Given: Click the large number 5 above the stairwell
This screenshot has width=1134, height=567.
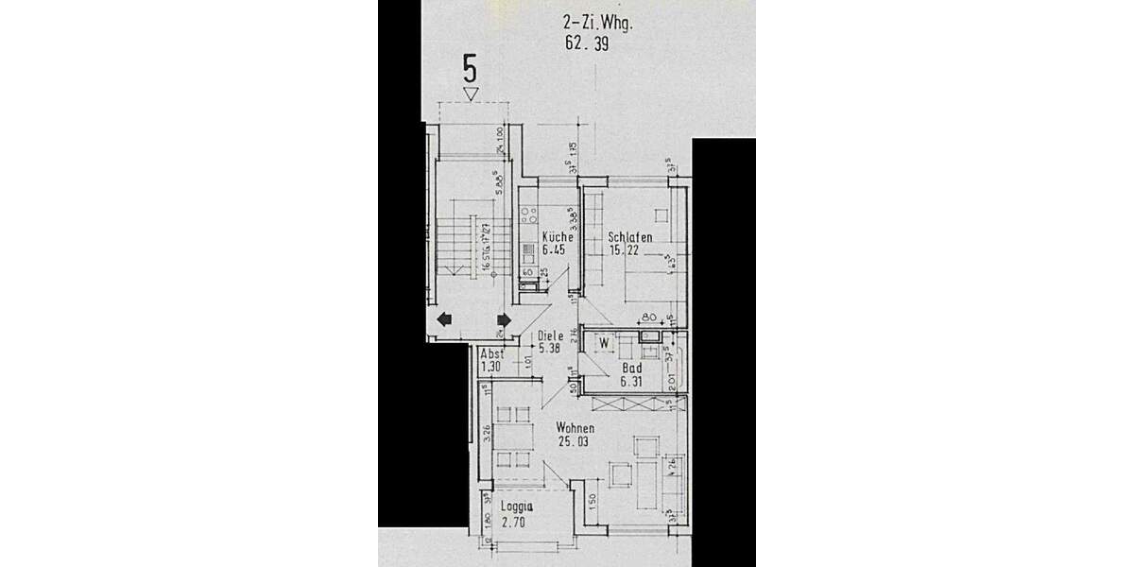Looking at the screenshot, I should (x=470, y=69).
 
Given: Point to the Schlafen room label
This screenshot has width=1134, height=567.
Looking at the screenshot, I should (x=629, y=237).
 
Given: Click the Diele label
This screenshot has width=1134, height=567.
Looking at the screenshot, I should (x=550, y=335).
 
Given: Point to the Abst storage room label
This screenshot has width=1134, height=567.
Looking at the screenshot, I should (x=492, y=353).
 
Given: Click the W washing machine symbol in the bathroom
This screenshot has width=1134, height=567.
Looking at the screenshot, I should (x=603, y=343).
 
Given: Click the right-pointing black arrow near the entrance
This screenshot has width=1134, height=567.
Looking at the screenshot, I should (x=503, y=319).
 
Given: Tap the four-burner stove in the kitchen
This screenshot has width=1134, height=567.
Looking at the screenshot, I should (x=528, y=213).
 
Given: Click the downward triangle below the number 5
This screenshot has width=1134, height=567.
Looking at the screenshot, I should (x=470, y=93).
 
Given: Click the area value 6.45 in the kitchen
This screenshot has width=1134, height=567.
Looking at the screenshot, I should (x=556, y=250).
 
